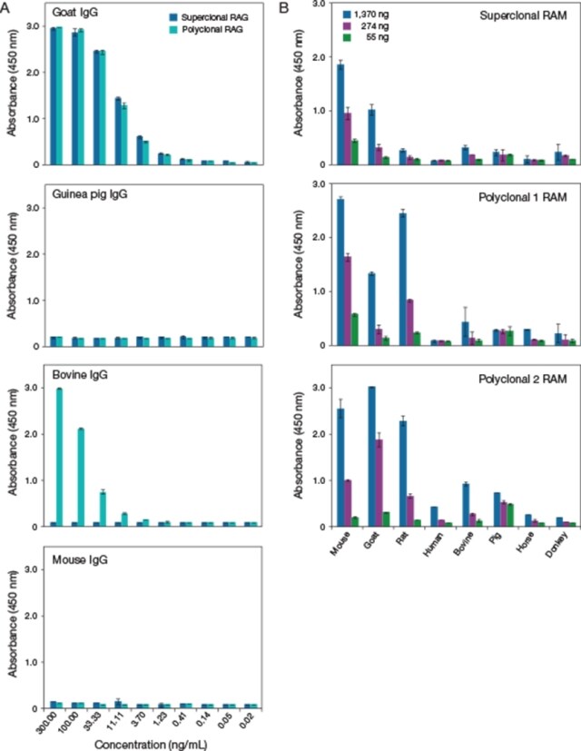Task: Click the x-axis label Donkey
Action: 559,550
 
